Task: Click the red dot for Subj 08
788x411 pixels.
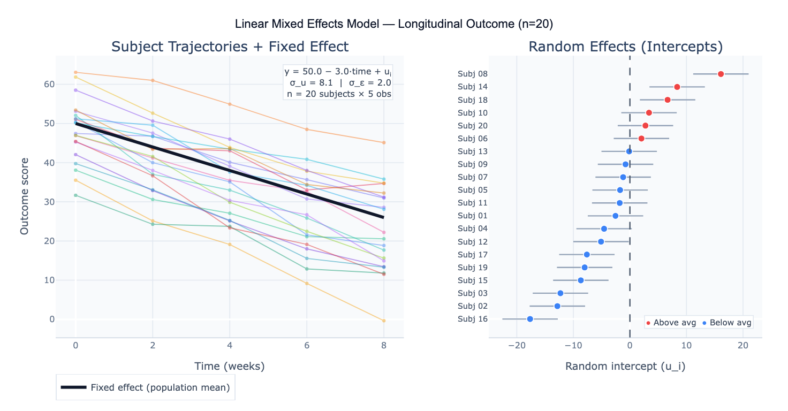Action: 721,74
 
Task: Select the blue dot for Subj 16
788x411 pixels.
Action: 530,319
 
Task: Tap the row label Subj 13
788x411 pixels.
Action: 473,151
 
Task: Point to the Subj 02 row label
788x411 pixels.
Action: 473,306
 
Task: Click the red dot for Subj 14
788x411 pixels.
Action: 677,87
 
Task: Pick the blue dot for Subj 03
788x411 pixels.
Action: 560,293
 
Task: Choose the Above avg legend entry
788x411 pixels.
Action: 671,323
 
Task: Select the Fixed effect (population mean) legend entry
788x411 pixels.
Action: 146,387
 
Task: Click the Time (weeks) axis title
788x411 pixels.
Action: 230,367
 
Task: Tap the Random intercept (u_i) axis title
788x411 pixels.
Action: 625,367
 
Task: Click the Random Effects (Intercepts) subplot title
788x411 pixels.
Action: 625,47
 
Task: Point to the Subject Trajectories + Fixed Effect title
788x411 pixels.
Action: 230,47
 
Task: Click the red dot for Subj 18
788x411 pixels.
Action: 668,100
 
